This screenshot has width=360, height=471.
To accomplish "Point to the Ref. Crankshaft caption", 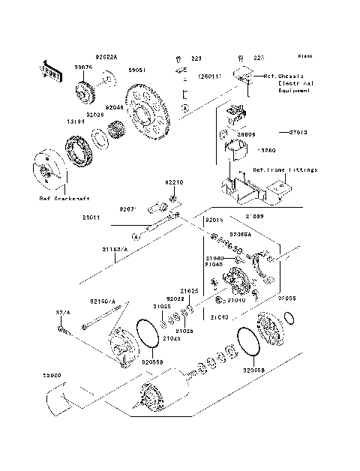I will point(64,199).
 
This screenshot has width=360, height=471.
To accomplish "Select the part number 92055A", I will point(241,234).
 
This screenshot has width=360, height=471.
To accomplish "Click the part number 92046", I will point(114,106).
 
